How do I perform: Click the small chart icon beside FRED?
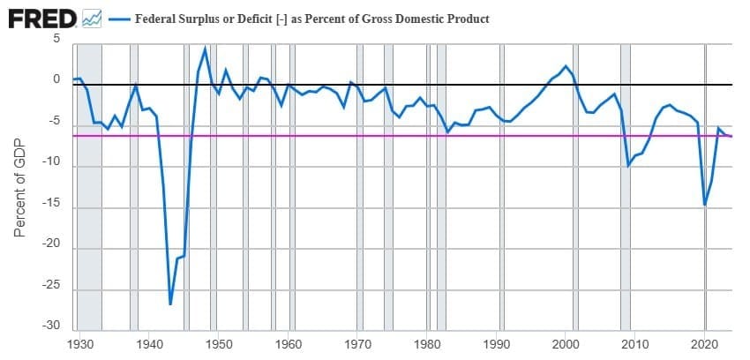93,18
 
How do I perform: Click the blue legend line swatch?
117,19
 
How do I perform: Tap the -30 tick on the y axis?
51,327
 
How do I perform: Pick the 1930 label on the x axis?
79,343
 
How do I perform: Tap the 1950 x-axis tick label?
218,343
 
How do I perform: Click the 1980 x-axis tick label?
427,343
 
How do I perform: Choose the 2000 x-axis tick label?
566,343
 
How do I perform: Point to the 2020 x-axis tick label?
705,343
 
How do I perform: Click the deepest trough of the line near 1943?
170,304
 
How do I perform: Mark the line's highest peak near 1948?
205,49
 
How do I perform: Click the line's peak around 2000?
566,66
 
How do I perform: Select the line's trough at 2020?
705,205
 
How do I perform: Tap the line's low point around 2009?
628,165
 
